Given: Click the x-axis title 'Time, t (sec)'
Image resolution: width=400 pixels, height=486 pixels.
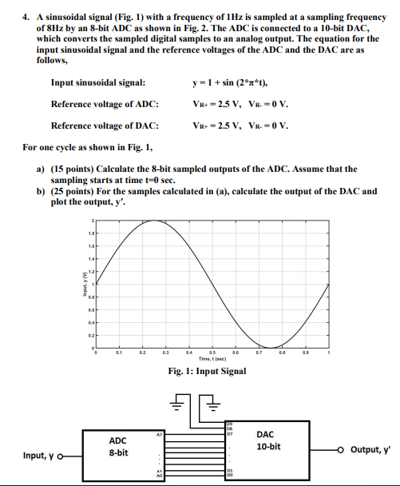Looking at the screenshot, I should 211,359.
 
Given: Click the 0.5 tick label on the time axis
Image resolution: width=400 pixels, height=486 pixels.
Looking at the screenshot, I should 212,353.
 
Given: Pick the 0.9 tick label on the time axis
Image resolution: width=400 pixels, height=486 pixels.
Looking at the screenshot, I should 304,353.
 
